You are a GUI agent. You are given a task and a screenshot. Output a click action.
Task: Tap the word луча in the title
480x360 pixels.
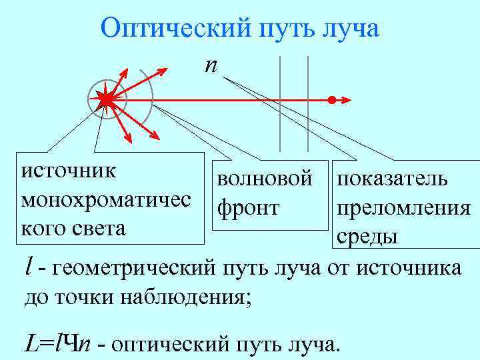(348, 29)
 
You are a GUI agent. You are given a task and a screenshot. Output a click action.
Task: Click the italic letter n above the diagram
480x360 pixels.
(211, 65)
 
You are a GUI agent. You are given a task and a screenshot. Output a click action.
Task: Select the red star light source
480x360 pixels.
(106, 100)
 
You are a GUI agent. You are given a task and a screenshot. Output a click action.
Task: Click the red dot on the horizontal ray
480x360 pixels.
(331, 101)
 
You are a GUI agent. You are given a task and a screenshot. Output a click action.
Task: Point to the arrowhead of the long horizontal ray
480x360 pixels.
(345, 101)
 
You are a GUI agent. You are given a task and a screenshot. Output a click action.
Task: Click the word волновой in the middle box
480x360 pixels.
(264, 179)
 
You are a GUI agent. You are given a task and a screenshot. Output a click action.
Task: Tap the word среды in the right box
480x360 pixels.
(367, 236)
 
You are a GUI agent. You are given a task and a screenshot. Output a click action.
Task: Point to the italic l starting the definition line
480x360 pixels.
(27, 267)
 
